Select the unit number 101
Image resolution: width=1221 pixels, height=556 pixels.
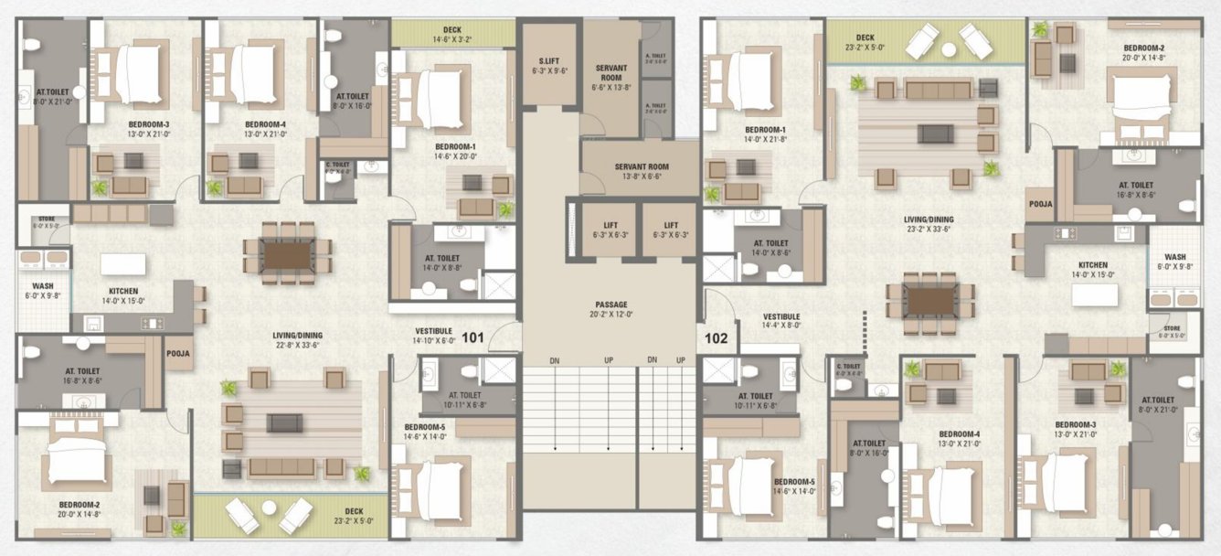tap(472, 337)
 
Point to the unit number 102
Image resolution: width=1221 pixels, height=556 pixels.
tap(717, 337)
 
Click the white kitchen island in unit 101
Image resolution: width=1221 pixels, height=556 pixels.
tap(122, 264)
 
